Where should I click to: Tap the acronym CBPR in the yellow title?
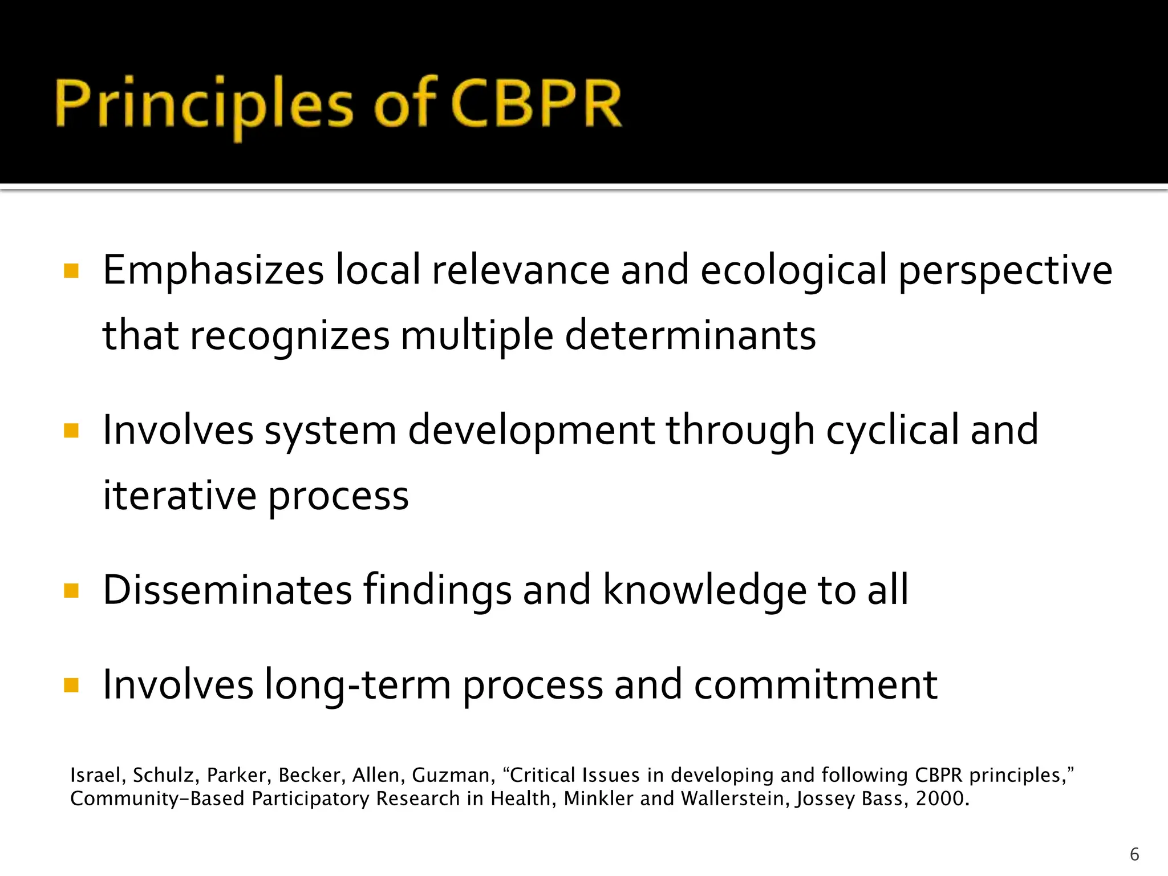tap(536, 105)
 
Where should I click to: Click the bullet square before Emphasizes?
tap(71, 271)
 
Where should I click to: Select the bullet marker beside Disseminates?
tap(71, 590)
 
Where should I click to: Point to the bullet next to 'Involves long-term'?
tap(71, 685)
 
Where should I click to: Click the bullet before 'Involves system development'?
tap(71, 431)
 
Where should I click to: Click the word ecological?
tap(793, 270)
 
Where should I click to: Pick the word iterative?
tap(180, 495)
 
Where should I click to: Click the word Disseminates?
tap(228, 590)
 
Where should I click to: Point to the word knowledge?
tap(705, 590)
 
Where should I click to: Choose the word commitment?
tap(816, 684)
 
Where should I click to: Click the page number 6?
tap(1134, 854)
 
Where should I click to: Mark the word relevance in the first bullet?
tap(521, 270)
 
